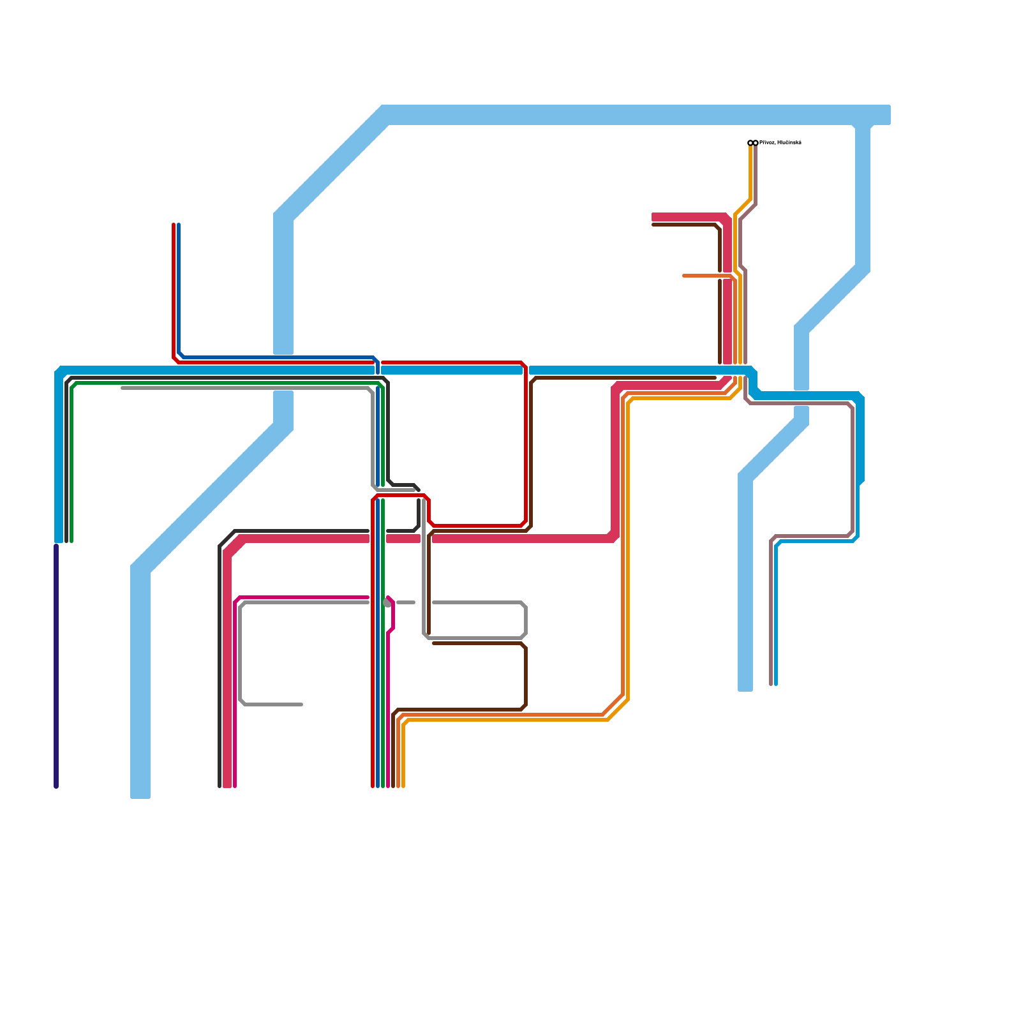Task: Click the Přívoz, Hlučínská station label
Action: tap(780, 142)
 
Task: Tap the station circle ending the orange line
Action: tap(750, 143)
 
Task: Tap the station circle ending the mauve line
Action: tap(756, 143)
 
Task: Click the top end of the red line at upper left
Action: tap(174, 224)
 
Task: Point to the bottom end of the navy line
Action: tap(56, 786)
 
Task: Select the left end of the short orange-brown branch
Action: tap(683, 276)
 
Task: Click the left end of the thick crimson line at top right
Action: tap(653, 217)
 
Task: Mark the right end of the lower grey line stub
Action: tap(302, 704)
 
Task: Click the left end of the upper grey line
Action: tap(122, 387)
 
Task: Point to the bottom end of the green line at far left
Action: tap(71, 541)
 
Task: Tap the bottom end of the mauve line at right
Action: tap(771, 685)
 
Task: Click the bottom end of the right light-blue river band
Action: tap(745, 689)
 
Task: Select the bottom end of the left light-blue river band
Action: tap(140, 796)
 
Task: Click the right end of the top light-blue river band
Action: tap(888, 115)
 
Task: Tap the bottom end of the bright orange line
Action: tap(403, 786)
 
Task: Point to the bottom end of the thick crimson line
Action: tap(227, 786)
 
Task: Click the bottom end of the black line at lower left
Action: tap(220, 786)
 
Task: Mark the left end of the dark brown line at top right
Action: tap(653, 225)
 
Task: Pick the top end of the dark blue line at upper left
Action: tap(179, 224)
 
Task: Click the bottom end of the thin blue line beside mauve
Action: tap(776, 685)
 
